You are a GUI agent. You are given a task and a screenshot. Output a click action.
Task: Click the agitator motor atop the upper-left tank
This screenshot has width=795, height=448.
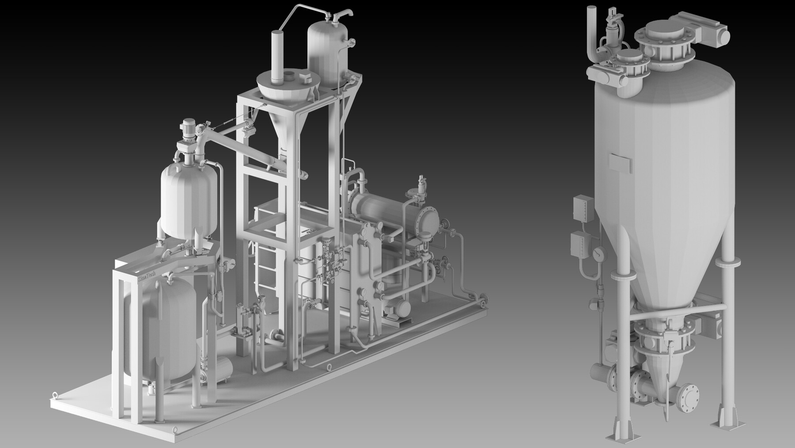[x=189, y=127]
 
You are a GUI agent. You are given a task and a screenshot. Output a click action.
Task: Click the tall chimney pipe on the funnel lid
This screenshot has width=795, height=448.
[x=277, y=56]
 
